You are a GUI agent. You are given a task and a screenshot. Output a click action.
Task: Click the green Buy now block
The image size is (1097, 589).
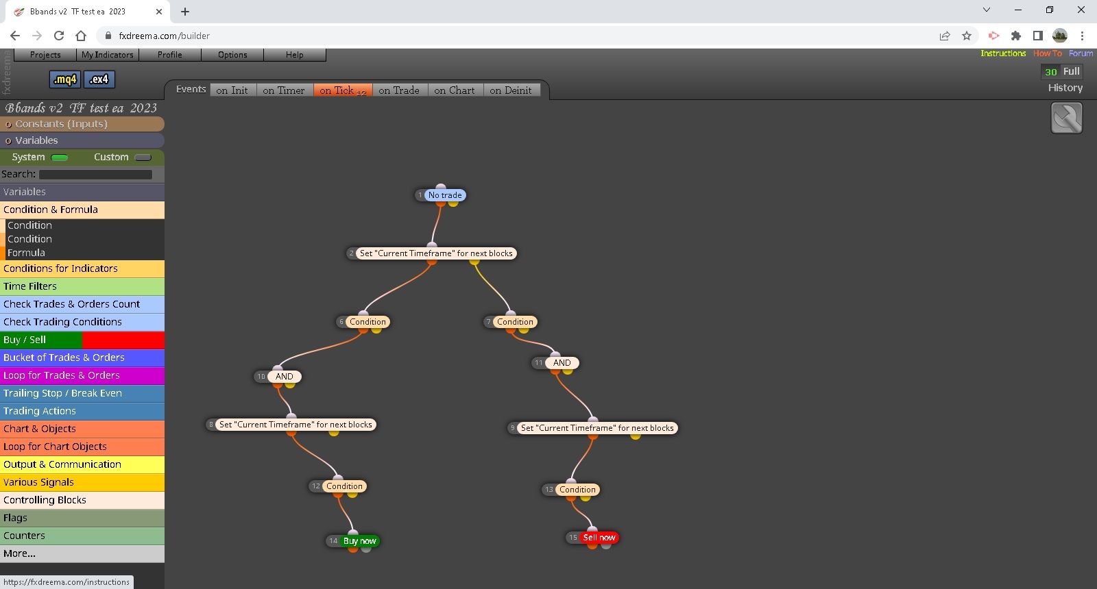359,540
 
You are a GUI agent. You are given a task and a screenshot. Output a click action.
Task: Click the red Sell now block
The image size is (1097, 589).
599,537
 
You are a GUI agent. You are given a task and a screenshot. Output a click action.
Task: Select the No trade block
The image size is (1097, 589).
445,195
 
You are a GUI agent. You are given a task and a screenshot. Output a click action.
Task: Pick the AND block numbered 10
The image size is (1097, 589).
284,376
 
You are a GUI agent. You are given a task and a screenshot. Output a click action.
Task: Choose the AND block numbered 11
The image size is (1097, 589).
562,362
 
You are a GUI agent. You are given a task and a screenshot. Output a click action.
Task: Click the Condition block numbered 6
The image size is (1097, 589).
367,321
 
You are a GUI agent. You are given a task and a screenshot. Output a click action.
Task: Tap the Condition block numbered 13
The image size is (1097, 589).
577,489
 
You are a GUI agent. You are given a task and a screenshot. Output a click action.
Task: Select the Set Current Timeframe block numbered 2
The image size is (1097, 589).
436,253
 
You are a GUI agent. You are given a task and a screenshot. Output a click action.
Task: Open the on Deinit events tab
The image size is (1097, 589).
510,90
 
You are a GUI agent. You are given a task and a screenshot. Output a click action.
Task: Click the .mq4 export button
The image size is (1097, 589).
65,79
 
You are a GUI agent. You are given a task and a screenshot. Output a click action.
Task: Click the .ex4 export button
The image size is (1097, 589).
99,79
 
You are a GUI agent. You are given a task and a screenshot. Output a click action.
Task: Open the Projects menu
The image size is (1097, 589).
45,55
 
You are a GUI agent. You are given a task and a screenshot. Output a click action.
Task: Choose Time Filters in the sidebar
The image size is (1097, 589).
82,286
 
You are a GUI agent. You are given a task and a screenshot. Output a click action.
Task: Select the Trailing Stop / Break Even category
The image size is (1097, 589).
82,393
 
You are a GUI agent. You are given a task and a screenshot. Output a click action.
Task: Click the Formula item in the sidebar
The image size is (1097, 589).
26,253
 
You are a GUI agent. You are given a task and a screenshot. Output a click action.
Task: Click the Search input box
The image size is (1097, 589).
95,174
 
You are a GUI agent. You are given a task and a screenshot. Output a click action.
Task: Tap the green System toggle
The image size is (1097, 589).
59,158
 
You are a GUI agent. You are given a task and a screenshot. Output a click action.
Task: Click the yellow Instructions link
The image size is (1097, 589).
1003,53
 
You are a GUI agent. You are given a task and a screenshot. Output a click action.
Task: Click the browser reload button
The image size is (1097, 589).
59,36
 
